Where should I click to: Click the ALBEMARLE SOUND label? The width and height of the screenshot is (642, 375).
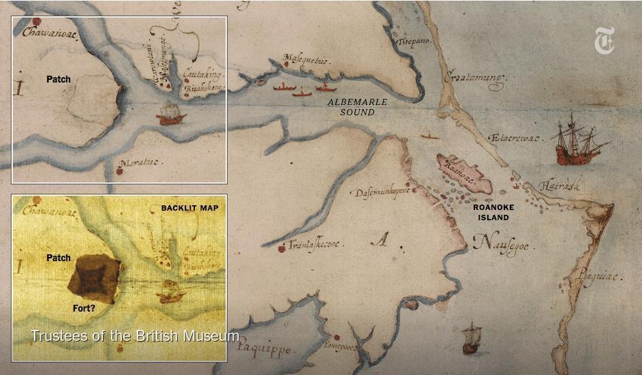tap(357, 106)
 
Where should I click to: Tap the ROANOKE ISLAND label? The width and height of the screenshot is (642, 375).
tap(494, 212)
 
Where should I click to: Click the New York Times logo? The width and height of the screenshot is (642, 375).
tap(605, 40)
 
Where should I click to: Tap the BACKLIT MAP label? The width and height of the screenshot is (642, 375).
tap(189, 208)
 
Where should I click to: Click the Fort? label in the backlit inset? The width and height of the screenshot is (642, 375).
tap(83, 307)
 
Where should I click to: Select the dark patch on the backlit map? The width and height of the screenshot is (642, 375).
tap(94, 278)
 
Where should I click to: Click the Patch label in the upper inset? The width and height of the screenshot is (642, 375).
tap(59, 80)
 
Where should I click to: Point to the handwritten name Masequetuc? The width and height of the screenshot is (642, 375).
tap(306, 60)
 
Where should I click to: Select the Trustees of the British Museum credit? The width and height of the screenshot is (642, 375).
tap(134, 335)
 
